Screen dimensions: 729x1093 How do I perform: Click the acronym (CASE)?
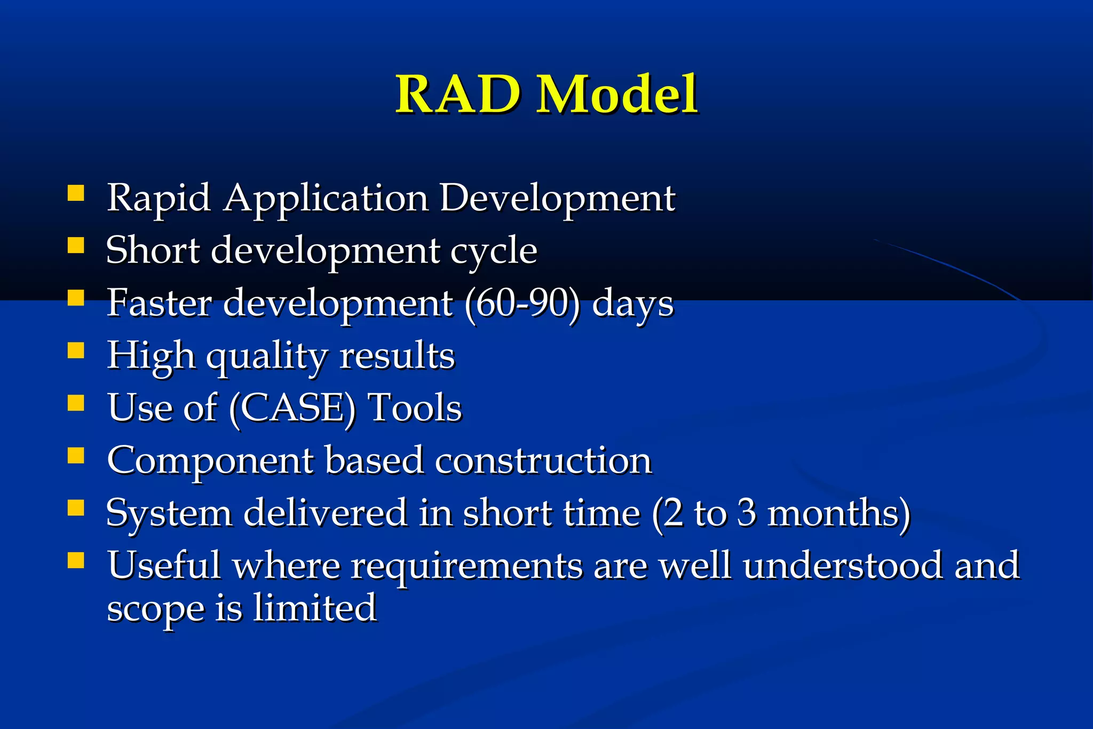click(292, 409)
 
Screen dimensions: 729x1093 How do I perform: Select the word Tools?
click(415, 407)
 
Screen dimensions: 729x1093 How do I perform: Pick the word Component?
click(210, 461)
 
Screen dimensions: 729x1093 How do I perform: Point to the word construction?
click(543, 461)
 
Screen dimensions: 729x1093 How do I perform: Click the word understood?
click(843, 565)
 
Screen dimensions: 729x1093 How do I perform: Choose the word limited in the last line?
click(314, 608)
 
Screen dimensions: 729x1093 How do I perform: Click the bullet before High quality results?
click(76, 350)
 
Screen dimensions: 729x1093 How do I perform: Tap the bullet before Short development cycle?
click(76, 245)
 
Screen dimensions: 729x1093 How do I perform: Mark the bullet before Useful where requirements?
click(76, 560)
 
